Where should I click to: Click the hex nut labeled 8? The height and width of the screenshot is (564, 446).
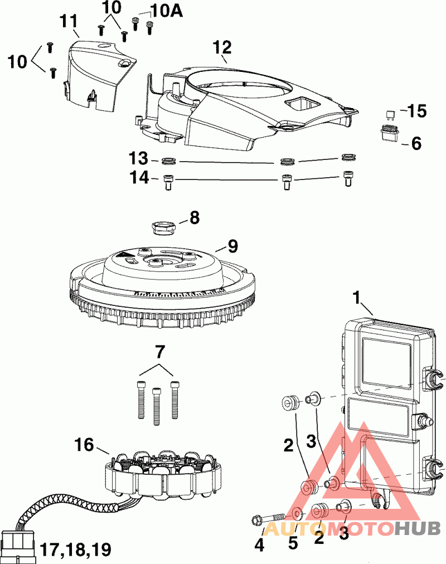point(164,228)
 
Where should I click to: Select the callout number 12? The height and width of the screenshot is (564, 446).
point(222,47)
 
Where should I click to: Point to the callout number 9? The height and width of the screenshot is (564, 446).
point(232,247)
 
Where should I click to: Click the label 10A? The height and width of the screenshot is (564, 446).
point(167,12)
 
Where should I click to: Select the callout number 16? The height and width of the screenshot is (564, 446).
point(84,445)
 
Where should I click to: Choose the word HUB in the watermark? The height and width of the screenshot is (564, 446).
point(418,528)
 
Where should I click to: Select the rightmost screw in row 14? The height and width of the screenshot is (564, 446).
point(348,178)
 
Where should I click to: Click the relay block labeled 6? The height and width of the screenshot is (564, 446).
point(389,133)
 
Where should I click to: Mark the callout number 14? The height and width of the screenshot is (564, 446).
point(139,178)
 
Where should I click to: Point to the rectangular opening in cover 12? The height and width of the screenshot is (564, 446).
point(302,104)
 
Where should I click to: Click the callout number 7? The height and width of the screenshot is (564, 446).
point(159,352)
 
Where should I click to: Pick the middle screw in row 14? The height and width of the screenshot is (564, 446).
point(287,181)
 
